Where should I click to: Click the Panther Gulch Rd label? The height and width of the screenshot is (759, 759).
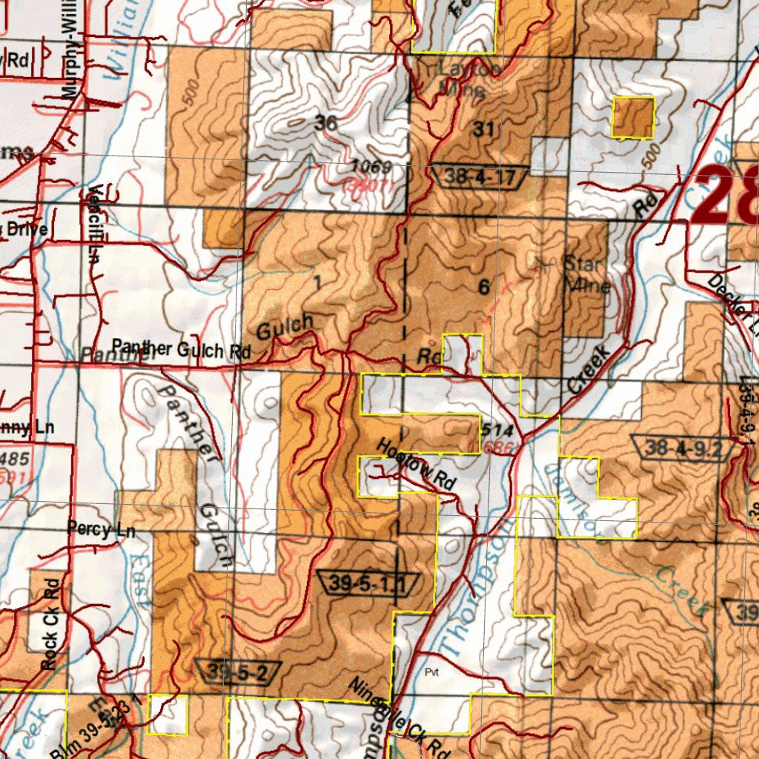(181, 349)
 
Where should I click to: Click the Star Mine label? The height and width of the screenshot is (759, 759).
(587, 274)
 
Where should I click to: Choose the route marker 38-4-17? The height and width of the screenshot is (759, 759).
(478, 176)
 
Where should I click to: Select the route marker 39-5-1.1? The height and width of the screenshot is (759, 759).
(367, 584)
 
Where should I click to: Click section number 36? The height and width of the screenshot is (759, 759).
(325, 124)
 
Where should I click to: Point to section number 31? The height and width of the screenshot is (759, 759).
(483, 130)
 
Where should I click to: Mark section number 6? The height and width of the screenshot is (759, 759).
(484, 288)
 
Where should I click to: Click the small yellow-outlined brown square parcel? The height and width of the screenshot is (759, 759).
(633, 117)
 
